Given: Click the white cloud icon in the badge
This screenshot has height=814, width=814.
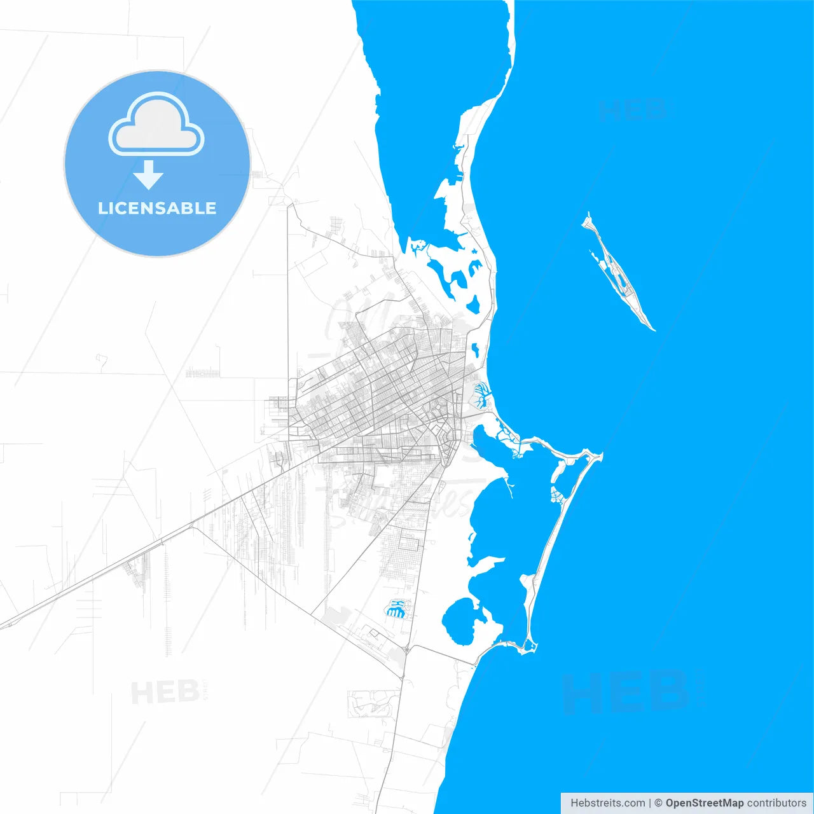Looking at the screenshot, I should coord(156,125).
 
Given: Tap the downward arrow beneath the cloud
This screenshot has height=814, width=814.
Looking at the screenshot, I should coord(148,175).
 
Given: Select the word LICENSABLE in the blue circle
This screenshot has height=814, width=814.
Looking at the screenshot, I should coord(157,208).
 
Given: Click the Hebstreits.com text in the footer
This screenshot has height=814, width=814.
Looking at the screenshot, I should coord(607,803).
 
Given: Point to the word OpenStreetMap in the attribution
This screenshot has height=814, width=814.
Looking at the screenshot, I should coord(704,803).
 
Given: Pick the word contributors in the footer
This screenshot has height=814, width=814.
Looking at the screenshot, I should coord(776,803).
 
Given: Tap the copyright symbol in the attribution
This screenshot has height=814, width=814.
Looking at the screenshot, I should coord(659,803).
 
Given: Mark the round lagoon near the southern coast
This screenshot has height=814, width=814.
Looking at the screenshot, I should coord(459,622).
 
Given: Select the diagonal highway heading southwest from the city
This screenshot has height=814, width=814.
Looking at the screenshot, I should coord(127,560).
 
